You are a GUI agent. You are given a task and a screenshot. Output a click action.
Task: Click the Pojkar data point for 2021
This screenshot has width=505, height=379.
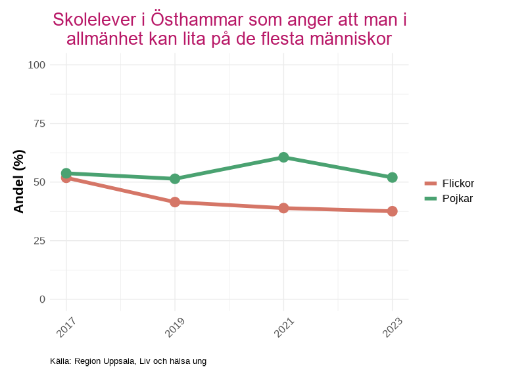pos(283,157)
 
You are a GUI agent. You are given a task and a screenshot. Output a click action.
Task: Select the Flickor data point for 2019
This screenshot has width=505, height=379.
pos(175,202)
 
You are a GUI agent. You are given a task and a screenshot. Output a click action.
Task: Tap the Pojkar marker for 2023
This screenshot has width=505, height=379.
pos(392,178)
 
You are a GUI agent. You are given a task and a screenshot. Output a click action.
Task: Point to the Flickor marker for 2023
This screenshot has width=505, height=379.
pos(392,211)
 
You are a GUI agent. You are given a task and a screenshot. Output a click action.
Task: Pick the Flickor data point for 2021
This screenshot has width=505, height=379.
pos(283,208)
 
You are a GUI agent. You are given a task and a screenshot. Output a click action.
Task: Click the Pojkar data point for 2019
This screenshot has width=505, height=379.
pos(175,179)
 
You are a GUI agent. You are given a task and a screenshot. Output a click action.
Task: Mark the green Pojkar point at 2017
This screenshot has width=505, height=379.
pos(66,173)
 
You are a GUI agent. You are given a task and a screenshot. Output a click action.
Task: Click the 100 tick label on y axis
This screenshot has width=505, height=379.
pos(37,65)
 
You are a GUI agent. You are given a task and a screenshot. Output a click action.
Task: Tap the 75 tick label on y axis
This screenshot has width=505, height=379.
pos(39,124)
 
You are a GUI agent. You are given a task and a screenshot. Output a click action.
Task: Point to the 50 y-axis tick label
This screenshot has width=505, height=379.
pos(39,182)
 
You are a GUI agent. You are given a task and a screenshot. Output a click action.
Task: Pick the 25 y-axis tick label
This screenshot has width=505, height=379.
pos(39,241)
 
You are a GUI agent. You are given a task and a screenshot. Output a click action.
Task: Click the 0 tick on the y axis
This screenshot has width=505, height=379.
pos(43,299)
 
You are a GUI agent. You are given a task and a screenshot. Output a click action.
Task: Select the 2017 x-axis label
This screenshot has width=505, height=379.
pos(66,327)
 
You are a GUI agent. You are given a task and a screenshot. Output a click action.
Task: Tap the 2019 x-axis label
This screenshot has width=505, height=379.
pos(174,327)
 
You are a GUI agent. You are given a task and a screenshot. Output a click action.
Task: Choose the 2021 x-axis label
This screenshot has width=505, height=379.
pos(283,327)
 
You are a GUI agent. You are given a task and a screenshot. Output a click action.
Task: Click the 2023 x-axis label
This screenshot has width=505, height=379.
pos(391,327)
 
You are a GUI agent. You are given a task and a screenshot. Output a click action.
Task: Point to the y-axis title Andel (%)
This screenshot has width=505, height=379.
pos(19,182)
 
